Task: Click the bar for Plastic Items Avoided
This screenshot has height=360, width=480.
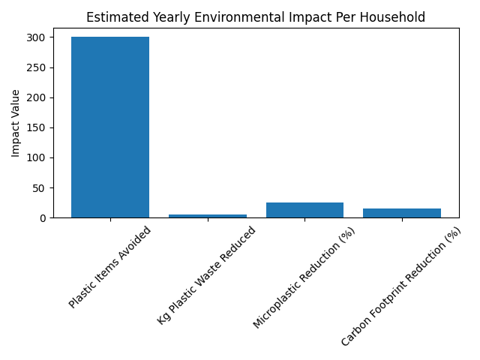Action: pos(110,127)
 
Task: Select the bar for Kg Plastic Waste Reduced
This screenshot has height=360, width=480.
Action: pos(208,215)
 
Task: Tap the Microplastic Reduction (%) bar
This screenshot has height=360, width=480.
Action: pos(304,210)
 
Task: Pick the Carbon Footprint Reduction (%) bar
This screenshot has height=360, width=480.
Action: pos(402,213)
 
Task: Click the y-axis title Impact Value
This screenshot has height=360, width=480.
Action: pos(16,123)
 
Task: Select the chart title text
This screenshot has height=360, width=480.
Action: pos(256,17)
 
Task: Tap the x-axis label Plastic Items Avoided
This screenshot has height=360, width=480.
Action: pos(110,267)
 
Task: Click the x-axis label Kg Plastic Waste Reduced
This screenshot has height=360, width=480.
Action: pos(206,275)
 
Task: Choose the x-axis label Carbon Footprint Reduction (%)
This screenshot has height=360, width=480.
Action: pos(400,287)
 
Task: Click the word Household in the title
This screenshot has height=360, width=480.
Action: pos(397,17)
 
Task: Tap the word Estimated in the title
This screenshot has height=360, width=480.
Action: pos(113,17)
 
